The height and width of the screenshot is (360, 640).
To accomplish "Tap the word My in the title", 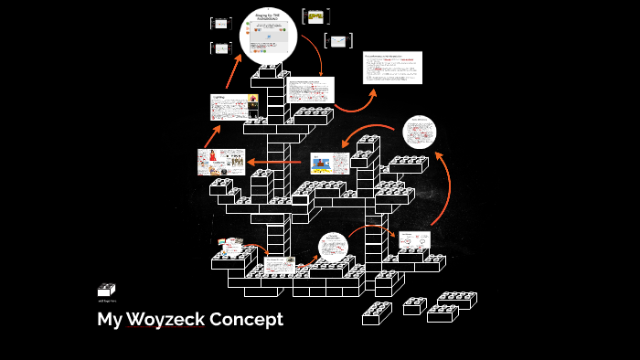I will pos(110,320).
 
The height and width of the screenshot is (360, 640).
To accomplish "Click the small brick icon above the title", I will pos(107,290).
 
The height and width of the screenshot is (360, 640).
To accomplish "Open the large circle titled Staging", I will pos(270,35).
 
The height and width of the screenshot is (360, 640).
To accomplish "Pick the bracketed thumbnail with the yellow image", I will pos(315,16).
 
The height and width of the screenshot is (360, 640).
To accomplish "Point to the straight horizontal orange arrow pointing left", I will pos(275,163).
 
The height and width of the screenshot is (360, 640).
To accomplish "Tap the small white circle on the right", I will pos(420,132).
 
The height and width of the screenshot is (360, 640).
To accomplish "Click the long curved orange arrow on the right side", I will pos(443,187).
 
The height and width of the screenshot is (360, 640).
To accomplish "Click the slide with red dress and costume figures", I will pos(220,162).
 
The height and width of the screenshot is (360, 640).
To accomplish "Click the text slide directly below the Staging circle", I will pos(311,90).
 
